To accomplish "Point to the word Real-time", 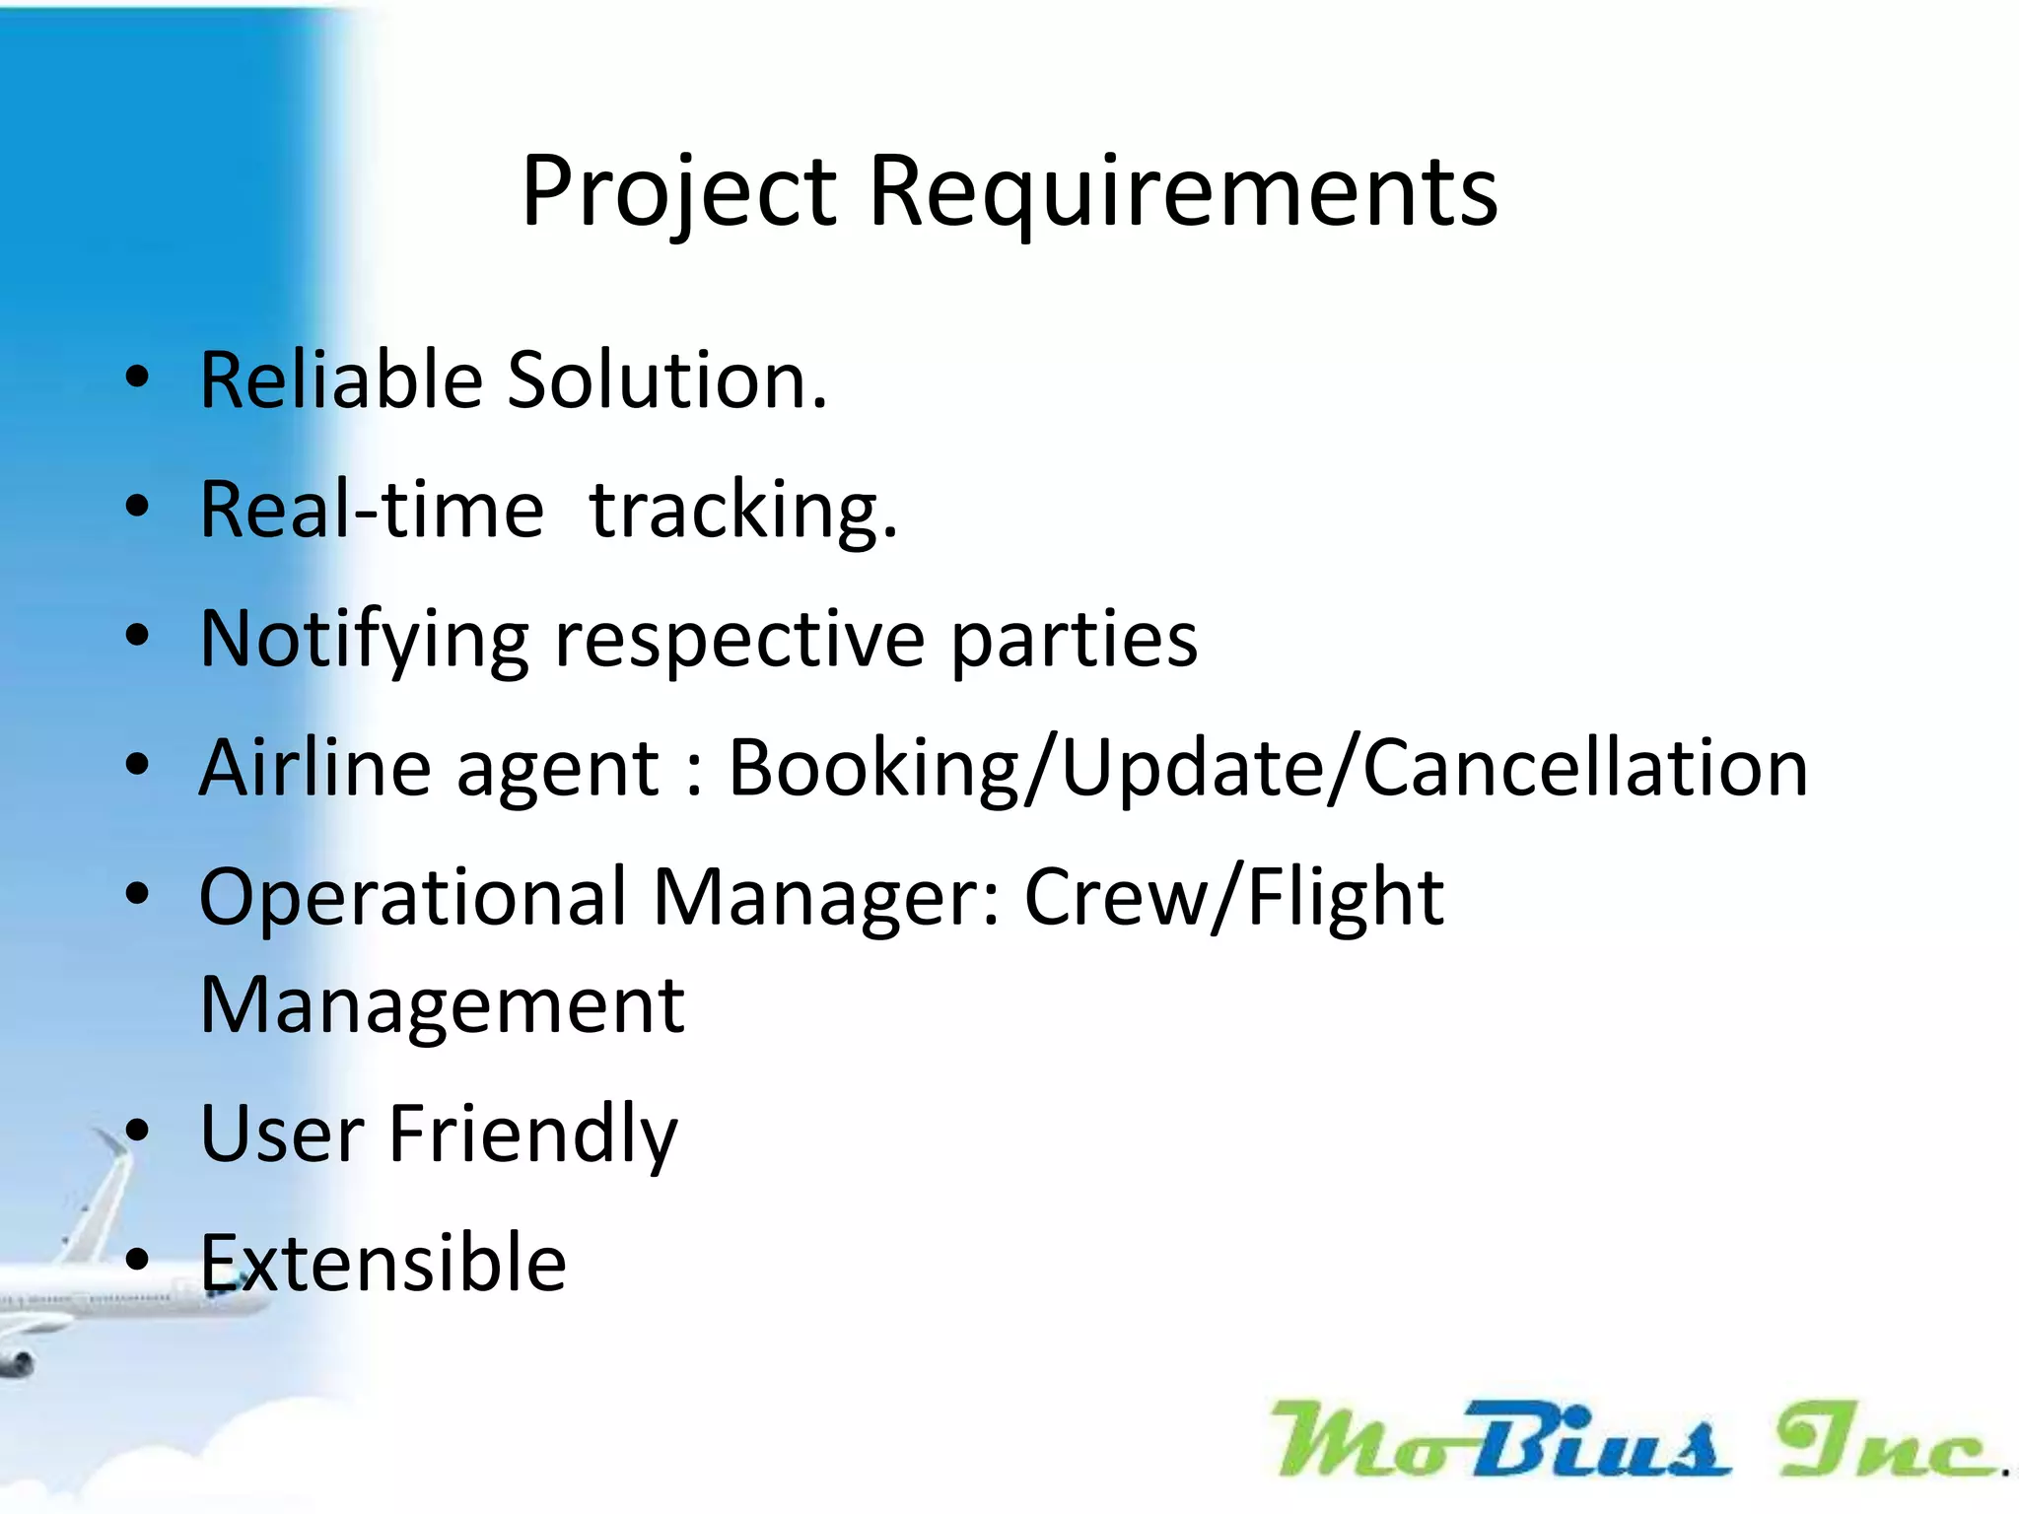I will (372, 510).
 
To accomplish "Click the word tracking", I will (742, 512).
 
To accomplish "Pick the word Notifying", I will (364, 641).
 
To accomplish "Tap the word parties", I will (1074, 641).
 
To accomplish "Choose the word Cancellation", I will (1585, 768).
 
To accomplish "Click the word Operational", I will (413, 898).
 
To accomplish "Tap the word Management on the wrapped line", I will (442, 1006).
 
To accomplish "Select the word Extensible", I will (383, 1263).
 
